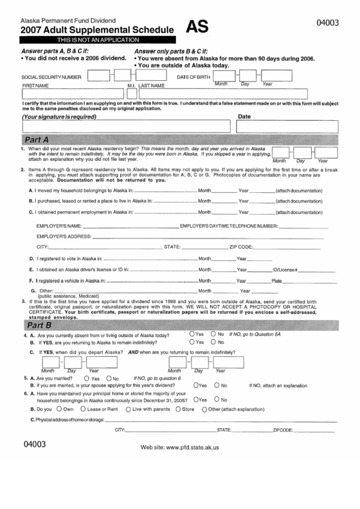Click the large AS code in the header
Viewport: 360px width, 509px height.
197,27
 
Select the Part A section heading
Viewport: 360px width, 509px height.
41,139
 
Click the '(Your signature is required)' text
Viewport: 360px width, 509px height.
60,117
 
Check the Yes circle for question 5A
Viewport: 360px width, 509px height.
86,379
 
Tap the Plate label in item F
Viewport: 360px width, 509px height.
276,281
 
